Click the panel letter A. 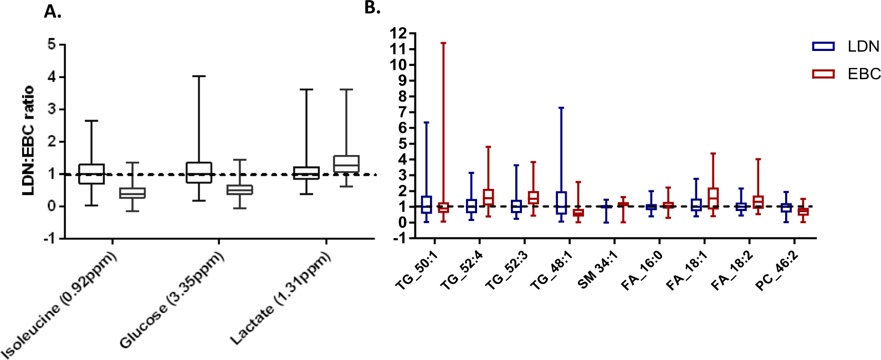52,11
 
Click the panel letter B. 372,8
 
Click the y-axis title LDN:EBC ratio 28,140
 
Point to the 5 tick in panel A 52,44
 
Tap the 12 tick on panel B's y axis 398,34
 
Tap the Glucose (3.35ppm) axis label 172,299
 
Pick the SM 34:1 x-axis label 597,269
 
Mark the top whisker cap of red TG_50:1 443,43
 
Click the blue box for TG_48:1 561,203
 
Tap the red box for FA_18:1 713,198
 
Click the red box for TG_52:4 488,197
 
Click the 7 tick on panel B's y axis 402,112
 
